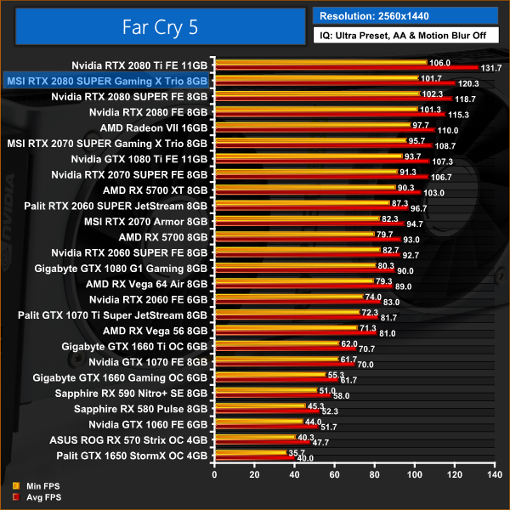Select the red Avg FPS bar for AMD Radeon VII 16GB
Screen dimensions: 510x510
click(x=323, y=130)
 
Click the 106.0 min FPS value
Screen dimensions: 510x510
click(x=439, y=62)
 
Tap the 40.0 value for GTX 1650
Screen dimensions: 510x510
click(x=304, y=458)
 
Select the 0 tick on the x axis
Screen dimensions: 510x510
click(x=214, y=475)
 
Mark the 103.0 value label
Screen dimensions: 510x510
click(x=434, y=193)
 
